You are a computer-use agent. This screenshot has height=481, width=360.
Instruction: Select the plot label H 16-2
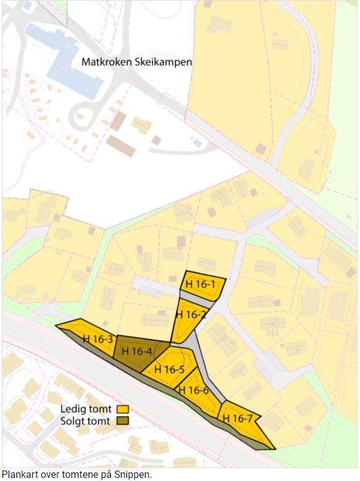pyautogui.click(x=190, y=314)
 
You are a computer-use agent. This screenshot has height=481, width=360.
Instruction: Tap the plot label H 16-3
pyautogui.click(x=97, y=339)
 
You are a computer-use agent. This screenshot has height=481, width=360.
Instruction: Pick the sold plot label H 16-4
pyautogui.click(x=137, y=351)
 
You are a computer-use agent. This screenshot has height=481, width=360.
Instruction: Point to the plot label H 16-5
pyautogui.click(x=170, y=369)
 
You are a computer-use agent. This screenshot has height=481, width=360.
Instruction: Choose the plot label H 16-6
pyautogui.click(x=193, y=390)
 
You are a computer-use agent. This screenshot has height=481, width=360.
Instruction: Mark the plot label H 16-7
pyautogui.click(x=238, y=418)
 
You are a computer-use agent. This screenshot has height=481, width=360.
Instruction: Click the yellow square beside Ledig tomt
pyautogui.click(x=123, y=409)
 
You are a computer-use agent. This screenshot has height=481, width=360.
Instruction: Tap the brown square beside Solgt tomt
pyautogui.click(x=123, y=421)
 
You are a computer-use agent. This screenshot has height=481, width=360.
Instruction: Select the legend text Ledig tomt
pyautogui.click(x=86, y=409)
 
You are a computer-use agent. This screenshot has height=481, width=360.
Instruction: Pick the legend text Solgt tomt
pyautogui.click(x=85, y=421)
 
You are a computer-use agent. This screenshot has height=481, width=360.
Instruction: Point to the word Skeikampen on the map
pyautogui.click(x=162, y=62)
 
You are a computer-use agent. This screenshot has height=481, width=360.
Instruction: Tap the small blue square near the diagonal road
pyautogui.click(x=197, y=142)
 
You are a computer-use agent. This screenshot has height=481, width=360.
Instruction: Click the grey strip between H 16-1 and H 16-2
pyautogui.click(x=201, y=299)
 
